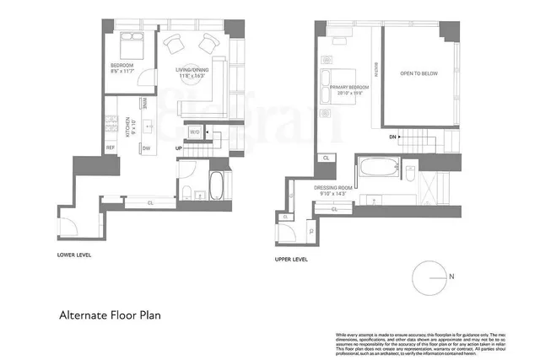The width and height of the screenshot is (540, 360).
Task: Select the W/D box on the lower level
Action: [x=193, y=132]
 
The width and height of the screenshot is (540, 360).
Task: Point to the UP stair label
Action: [x=179, y=149]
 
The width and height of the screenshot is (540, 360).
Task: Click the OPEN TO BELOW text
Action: [x=419, y=74]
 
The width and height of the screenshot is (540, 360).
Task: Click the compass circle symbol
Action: [x=429, y=277]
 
